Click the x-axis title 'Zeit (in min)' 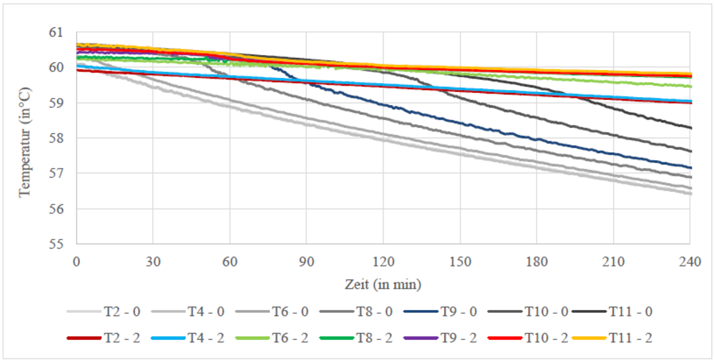pyautogui.click(x=383, y=284)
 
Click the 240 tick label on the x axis pyautogui.click(x=689, y=261)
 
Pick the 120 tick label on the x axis pyautogui.click(x=383, y=261)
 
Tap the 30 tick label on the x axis pyautogui.click(x=153, y=261)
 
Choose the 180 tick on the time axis pyautogui.click(x=536, y=261)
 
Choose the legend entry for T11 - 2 pyautogui.click(x=630, y=337)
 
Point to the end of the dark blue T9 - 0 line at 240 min pyautogui.click(x=690, y=168)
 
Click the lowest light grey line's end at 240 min pyautogui.click(x=690, y=194)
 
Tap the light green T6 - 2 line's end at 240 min pyautogui.click(x=690, y=86)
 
